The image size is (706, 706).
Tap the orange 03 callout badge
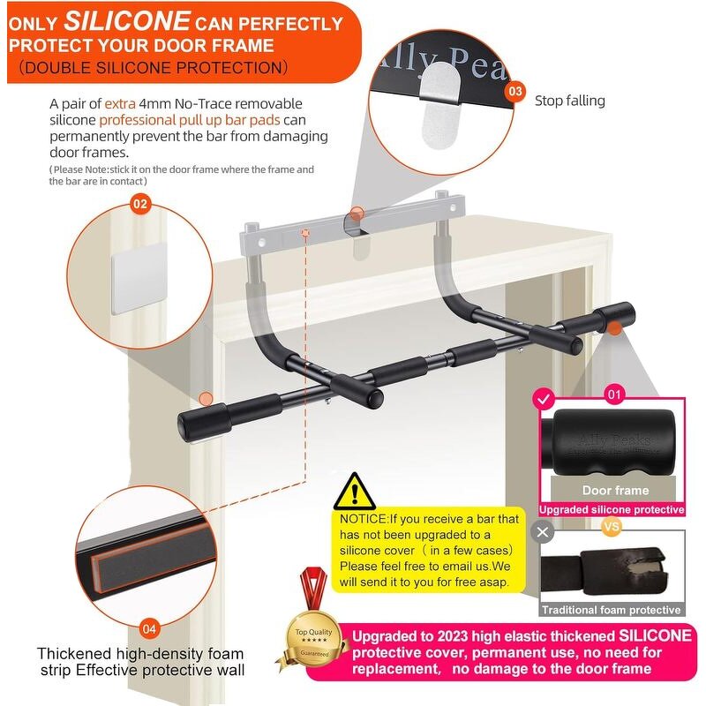click(517, 92)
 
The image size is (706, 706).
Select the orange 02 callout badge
click(139, 204)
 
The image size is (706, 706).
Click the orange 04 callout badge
click(150, 629)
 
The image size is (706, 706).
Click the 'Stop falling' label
click(570, 101)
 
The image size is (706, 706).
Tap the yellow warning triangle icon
click(356, 491)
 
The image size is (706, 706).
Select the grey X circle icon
click(544, 532)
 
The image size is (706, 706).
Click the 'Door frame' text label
click(615, 491)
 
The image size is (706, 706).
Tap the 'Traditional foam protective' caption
click(612, 610)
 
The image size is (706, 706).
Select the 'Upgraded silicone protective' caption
click(612, 509)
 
